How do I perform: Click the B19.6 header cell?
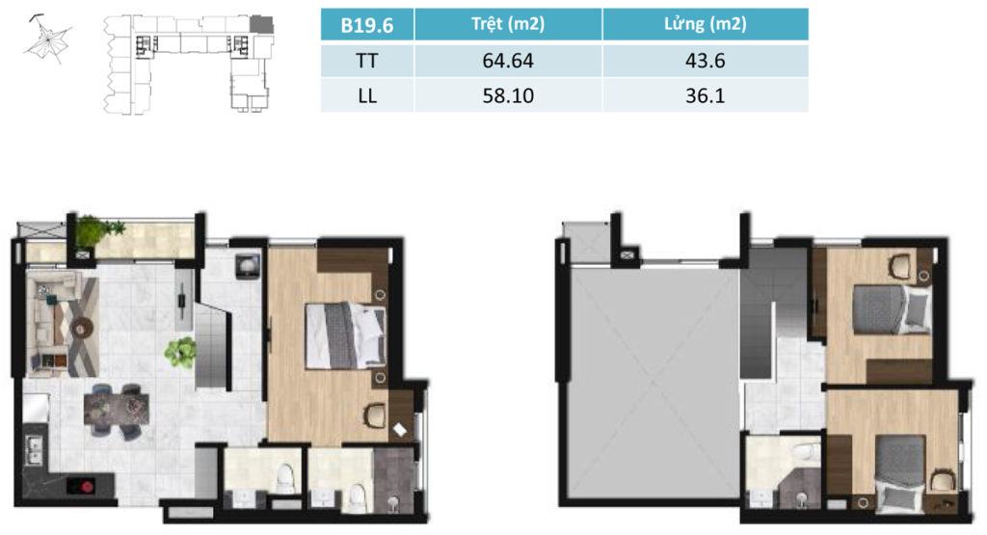tap(367, 24)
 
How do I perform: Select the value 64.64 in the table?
tap(508, 61)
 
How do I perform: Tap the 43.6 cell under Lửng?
tap(705, 61)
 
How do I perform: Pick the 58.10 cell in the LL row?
tap(508, 95)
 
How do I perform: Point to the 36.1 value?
tap(705, 95)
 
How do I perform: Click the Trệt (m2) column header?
tap(508, 24)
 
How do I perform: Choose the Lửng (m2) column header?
tap(705, 24)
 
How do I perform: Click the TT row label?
tap(367, 61)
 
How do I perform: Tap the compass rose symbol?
tap(47, 39)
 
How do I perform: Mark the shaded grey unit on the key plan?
tap(261, 24)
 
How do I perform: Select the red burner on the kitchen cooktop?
tap(83, 485)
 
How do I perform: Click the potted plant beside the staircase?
tap(180, 352)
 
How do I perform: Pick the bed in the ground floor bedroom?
tap(345, 335)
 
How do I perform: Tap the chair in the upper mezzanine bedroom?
tap(901, 265)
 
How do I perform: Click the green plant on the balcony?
tap(97, 230)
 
